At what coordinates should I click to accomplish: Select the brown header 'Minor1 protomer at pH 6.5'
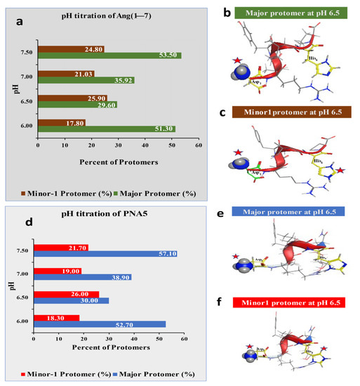click(290, 112)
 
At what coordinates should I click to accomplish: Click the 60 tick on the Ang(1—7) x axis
click(199, 138)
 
